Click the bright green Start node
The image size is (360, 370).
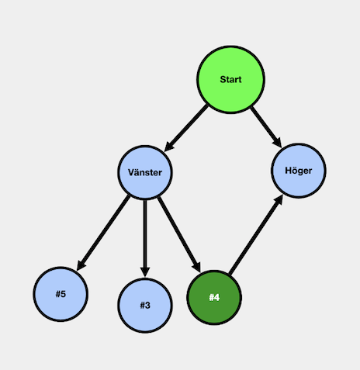click(230, 80)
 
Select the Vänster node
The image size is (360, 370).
click(145, 172)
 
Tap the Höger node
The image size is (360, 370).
click(299, 171)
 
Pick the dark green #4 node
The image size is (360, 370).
click(214, 297)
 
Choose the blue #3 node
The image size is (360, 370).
click(145, 306)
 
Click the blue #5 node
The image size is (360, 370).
click(61, 294)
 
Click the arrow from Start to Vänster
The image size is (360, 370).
click(186, 128)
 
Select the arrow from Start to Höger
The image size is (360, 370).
click(266, 127)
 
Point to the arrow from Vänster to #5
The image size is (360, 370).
click(103, 233)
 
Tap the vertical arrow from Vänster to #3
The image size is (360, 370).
click(145, 239)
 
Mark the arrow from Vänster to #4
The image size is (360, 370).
click(179, 234)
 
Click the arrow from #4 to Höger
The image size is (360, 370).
click(256, 234)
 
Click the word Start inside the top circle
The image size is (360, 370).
click(230, 79)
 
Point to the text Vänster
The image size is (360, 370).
click(145, 172)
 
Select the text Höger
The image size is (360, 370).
click(299, 171)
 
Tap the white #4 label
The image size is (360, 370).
click(214, 297)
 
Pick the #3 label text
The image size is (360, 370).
click(145, 306)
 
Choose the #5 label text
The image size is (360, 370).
click(61, 294)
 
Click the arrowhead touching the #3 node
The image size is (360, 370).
click(145, 272)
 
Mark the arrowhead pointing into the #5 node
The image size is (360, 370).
click(81, 265)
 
